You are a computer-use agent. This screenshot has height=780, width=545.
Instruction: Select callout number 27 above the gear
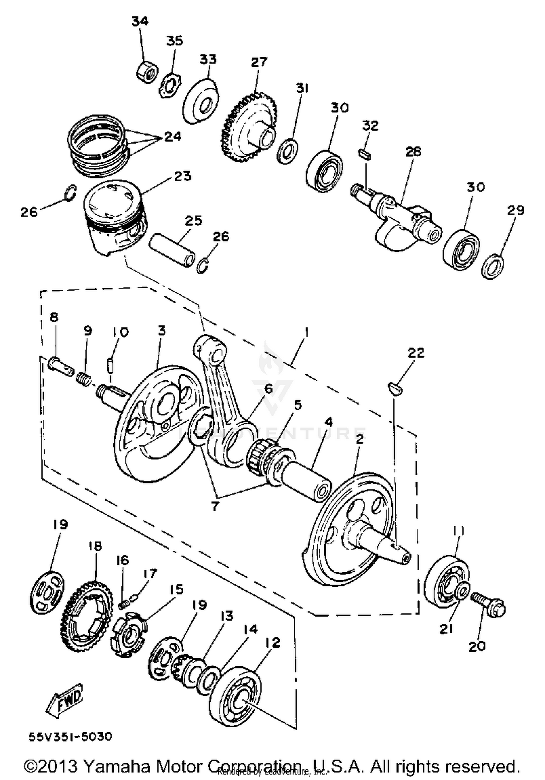pyautogui.click(x=259, y=62)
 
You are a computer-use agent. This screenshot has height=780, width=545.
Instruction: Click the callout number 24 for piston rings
pyautogui.click(x=173, y=137)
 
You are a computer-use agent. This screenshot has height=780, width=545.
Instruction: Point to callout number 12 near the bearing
pyautogui.click(x=273, y=642)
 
